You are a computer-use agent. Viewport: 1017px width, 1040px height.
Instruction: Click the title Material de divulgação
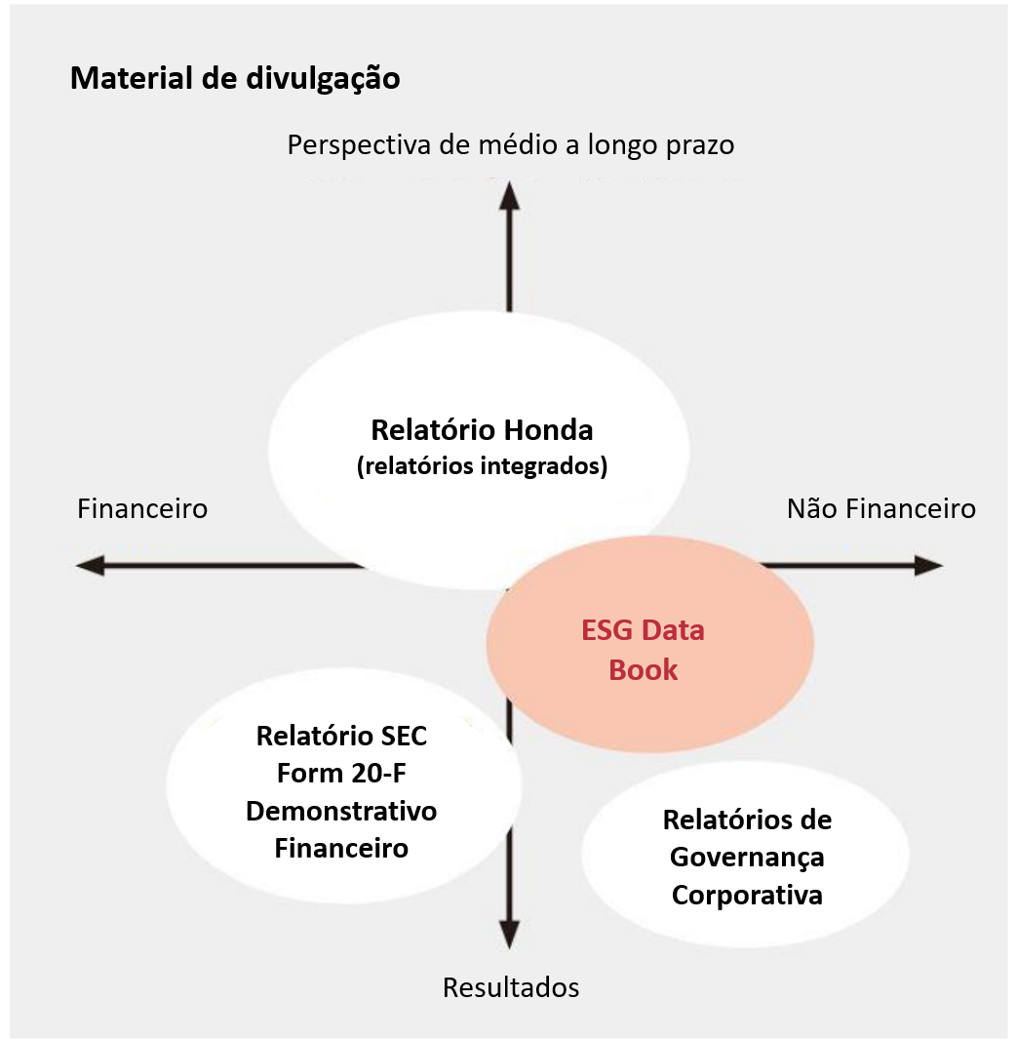point(235,78)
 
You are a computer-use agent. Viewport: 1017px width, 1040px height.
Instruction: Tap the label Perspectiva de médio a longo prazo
point(511,145)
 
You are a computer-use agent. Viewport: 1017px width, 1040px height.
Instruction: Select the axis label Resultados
point(511,987)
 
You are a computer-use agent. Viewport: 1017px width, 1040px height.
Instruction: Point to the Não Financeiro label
point(881,508)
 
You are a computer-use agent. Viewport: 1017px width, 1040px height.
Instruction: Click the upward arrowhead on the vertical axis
point(509,196)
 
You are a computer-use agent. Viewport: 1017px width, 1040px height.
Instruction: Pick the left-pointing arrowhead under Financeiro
point(90,566)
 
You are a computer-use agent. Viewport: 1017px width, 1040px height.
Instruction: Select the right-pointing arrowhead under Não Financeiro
point(928,566)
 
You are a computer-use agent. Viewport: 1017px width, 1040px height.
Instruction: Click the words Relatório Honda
point(482,430)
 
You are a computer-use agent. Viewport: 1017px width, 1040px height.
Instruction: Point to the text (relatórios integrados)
point(482,466)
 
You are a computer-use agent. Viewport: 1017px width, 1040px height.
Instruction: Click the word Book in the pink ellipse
point(644,670)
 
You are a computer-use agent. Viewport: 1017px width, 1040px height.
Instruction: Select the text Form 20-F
point(341,774)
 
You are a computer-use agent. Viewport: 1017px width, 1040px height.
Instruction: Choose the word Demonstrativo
point(341,811)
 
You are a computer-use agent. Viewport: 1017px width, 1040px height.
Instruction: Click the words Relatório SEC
point(341,737)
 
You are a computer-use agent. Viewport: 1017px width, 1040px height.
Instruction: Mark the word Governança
point(747,858)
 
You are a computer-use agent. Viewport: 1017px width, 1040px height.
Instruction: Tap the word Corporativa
point(747,896)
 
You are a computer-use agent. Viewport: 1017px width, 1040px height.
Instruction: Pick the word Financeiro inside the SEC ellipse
point(341,849)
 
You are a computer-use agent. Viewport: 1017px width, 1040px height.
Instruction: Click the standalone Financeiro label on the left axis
point(142,508)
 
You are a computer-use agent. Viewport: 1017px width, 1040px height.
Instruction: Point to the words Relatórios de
point(747,820)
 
